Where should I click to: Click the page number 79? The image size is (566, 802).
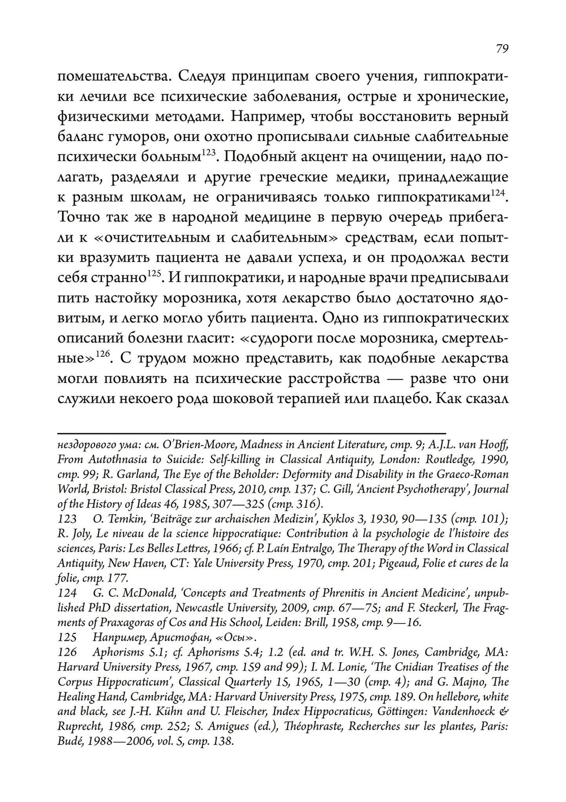(x=502, y=49)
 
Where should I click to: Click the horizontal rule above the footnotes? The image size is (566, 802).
(x=252, y=433)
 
